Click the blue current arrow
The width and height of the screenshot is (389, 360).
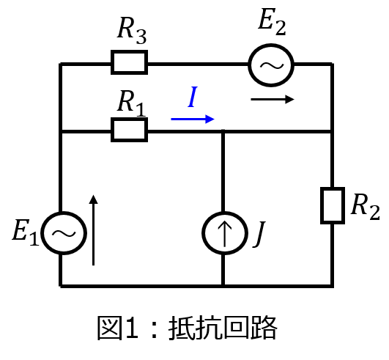[x=193, y=120]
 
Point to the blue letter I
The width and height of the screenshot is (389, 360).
[x=193, y=97]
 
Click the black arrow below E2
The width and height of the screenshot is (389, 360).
[x=273, y=99]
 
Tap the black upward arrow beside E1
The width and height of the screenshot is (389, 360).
[x=93, y=230]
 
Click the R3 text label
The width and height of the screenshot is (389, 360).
[x=132, y=31]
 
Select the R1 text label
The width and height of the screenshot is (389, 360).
[x=131, y=103]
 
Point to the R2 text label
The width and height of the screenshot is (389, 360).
[x=366, y=207]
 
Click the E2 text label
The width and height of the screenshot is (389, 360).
[x=272, y=21]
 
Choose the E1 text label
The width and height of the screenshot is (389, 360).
[x=26, y=232]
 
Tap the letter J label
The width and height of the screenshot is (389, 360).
[x=259, y=234]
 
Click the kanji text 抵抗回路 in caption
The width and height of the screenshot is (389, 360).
[x=223, y=328]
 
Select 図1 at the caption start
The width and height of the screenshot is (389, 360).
[x=118, y=328]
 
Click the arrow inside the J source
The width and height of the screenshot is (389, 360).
[x=224, y=233]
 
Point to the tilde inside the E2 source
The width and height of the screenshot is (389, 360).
[x=271, y=65]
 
